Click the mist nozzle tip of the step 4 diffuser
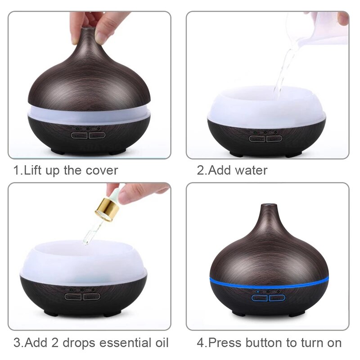(269, 206)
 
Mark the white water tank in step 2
(265, 108)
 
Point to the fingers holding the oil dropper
(135, 191)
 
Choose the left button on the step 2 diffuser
(256, 138)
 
